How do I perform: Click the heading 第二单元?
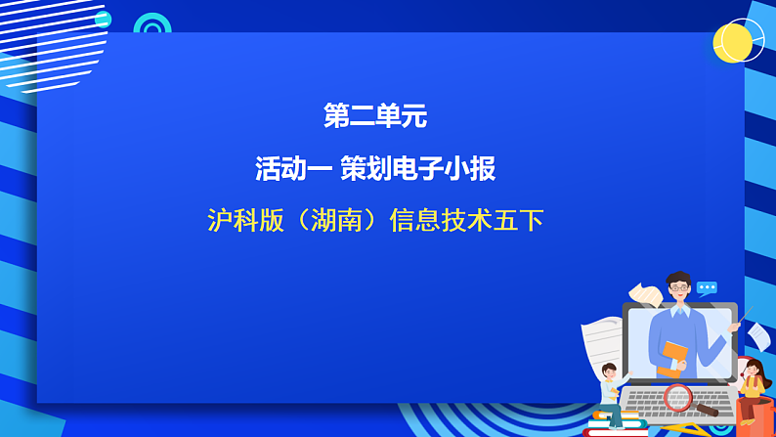click(375, 117)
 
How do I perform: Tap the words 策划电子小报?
click(417, 169)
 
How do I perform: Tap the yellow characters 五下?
click(518, 220)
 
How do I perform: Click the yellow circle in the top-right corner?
click(732, 42)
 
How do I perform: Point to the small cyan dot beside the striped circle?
click(103, 20)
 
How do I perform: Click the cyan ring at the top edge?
click(152, 23)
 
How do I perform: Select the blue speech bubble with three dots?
click(707, 288)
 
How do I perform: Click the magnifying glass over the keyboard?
click(678, 397)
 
